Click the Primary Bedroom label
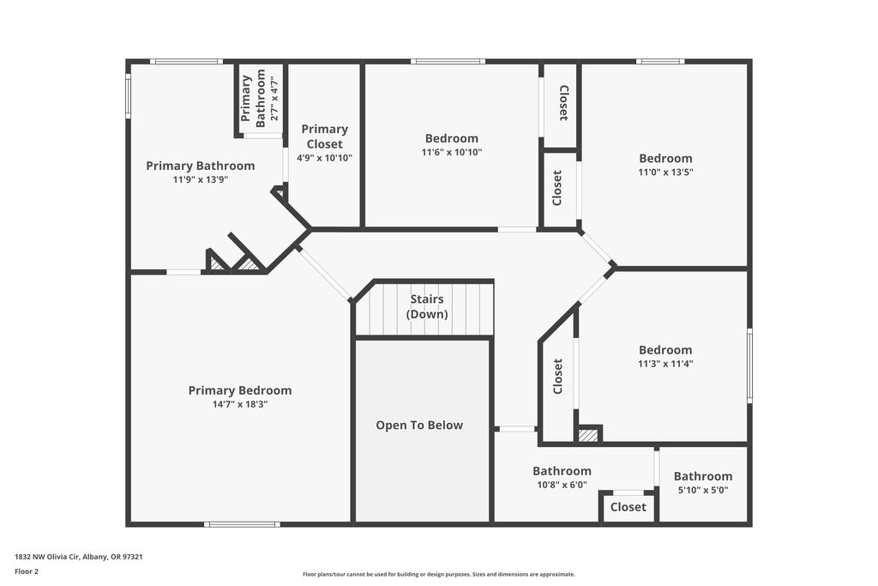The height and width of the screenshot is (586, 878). pyautogui.click(x=240, y=390)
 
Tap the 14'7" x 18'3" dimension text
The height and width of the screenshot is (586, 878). pyautogui.click(x=240, y=404)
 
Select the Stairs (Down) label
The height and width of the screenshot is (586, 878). pyautogui.click(x=427, y=306)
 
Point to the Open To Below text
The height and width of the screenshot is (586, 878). pyautogui.click(x=419, y=426)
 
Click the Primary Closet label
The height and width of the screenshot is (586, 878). pyautogui.click(x=325, y=136)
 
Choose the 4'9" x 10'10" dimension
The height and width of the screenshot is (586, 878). pyautogui.click(x=325, y=158)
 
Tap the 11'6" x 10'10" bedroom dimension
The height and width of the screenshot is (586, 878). pyautogui.click(x=452, y=152)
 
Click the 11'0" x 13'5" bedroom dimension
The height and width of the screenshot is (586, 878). pyautogui.click(x=665, y=172)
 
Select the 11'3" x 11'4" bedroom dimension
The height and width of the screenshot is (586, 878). pyautogui.click(x=665, y=364)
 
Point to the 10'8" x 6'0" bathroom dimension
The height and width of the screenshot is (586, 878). pyautogui.click(x=562, y=485)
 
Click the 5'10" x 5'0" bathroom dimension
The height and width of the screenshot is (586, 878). pyautogui.click(x=703, y=490)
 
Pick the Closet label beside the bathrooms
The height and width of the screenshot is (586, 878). pyautogui.click(x=628, y=507)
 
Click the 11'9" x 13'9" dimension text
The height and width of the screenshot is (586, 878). pyautogui.click(x=201, y=180)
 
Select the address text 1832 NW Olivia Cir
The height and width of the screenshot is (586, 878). pyautogui.click(x=47, y=557)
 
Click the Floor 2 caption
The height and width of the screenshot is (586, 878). pyautogui.click(x=27, y=571)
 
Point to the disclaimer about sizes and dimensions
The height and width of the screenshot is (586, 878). pyautogui.click(x=439, y=574)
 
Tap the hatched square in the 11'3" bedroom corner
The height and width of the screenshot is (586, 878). pyautogui.click(x=588, y=435)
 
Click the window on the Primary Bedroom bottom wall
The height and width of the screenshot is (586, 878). pyautogui.click(x=242, y=524)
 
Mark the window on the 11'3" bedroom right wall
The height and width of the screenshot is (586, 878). pyautogui.click(x=749, y=365)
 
